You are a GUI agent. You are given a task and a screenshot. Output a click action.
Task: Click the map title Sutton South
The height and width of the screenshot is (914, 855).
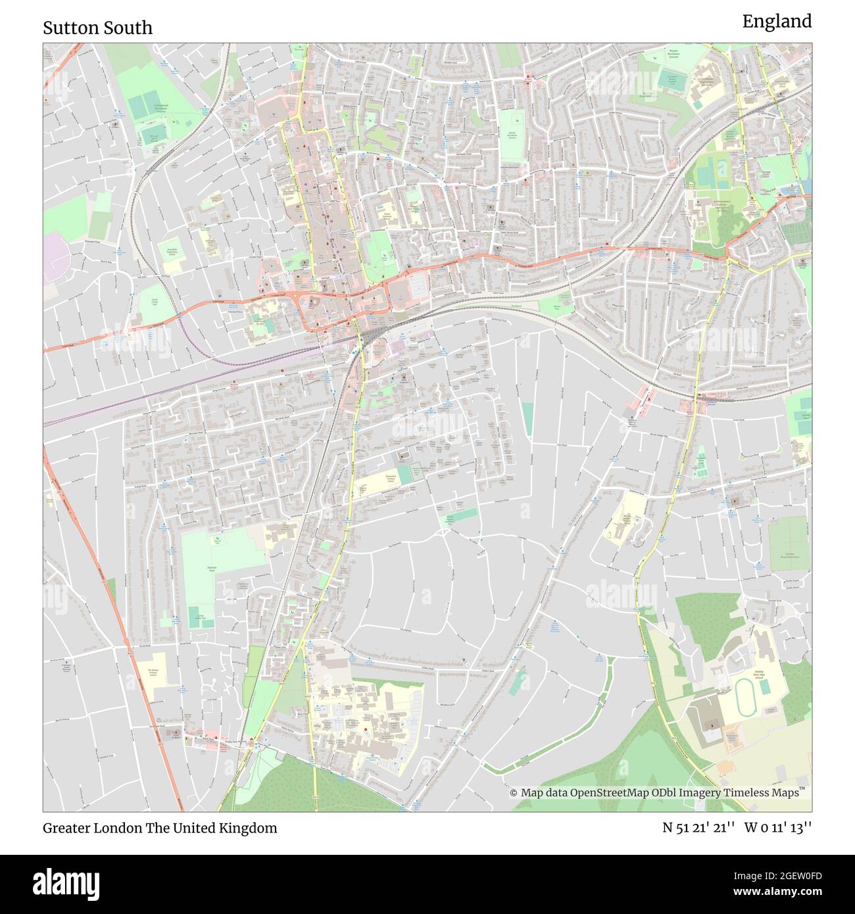click(97, 28)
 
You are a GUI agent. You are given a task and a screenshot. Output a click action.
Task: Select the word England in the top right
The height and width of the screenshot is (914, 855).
click(777, 22)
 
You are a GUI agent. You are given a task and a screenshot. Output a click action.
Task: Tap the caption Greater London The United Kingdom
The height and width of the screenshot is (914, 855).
click(160, 828)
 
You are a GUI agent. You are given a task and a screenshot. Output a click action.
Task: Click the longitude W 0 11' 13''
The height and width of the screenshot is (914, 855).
click(778, 828)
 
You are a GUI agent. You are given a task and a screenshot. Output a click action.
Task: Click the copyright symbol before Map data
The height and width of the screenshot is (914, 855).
click(514, 793)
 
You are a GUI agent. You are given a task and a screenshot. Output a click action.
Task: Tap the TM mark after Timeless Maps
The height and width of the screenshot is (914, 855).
click(802, 789)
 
